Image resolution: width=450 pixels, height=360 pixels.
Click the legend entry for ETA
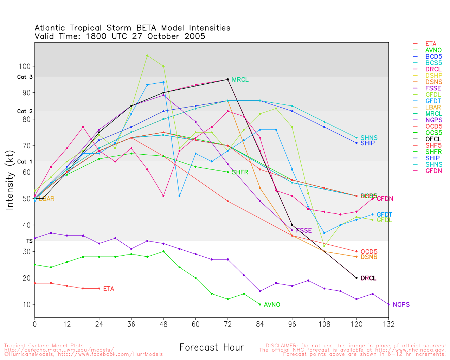(x=431, y=44)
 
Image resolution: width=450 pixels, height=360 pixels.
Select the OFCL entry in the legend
(x=433, y=139)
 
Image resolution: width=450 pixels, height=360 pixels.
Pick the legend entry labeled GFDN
(x=433, y=171)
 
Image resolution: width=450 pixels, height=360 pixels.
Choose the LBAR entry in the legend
(x=433, y=107)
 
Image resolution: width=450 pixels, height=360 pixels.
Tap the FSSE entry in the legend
(x=433, y=88)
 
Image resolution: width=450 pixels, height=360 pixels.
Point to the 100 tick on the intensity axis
(x=27, y=66)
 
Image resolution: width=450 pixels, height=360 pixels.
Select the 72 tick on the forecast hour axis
(x=228, y=324)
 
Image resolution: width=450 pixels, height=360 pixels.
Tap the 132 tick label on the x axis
(x=388, y=324)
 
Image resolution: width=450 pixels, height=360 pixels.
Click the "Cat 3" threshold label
(x=25, y=77)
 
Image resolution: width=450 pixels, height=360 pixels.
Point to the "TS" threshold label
(x=30, y=241)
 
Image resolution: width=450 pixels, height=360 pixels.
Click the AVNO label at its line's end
(x=272, y=305)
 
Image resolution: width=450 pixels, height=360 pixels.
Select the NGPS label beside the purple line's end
(x=401, y=305)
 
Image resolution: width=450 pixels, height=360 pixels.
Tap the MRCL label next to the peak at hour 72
(x=240, y=80)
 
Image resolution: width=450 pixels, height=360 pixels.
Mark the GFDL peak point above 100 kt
(x=147, y=56)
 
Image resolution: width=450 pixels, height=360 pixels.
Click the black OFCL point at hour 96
(x=292, y=225)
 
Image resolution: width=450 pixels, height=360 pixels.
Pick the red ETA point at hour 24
(x=99, y=289)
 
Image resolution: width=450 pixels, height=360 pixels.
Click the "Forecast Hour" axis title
(x=211, y=348)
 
